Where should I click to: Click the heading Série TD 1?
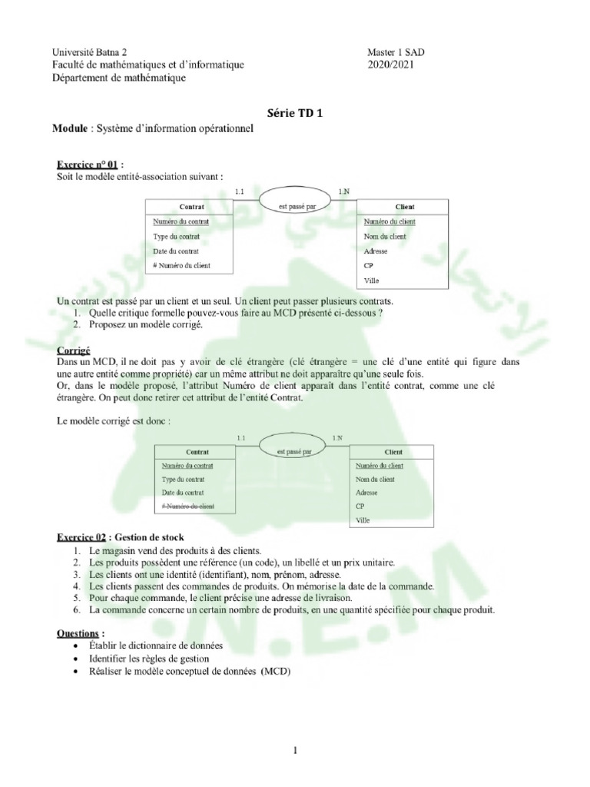point(296,112)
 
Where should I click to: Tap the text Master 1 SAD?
point(396,52)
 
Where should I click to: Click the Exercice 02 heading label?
point(83,537)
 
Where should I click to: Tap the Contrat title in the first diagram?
point(191,207)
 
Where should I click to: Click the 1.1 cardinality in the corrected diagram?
point(241,437)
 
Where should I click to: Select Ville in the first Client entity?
point(371,281)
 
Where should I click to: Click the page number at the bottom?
point(295,751)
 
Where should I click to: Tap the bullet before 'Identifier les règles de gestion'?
point(74,659)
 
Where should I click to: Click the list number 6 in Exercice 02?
point(77,610)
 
